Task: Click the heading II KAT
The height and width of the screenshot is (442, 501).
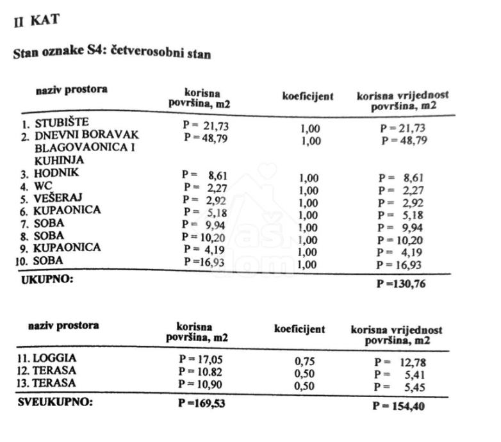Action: [x=37, y=20]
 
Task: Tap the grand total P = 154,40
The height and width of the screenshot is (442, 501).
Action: [x=398, y=406]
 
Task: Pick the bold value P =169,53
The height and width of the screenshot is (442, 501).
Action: [x=202, y=404]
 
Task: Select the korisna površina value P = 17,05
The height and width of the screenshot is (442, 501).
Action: [x=201, y=359]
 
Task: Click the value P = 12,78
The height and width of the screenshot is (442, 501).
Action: [x=400, y=363]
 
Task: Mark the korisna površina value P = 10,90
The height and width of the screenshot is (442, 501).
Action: [x=201, y=384]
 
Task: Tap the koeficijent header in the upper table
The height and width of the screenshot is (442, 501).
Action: [x=308, y=96]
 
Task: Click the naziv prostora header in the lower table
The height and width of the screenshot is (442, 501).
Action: [x=64, y=325]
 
